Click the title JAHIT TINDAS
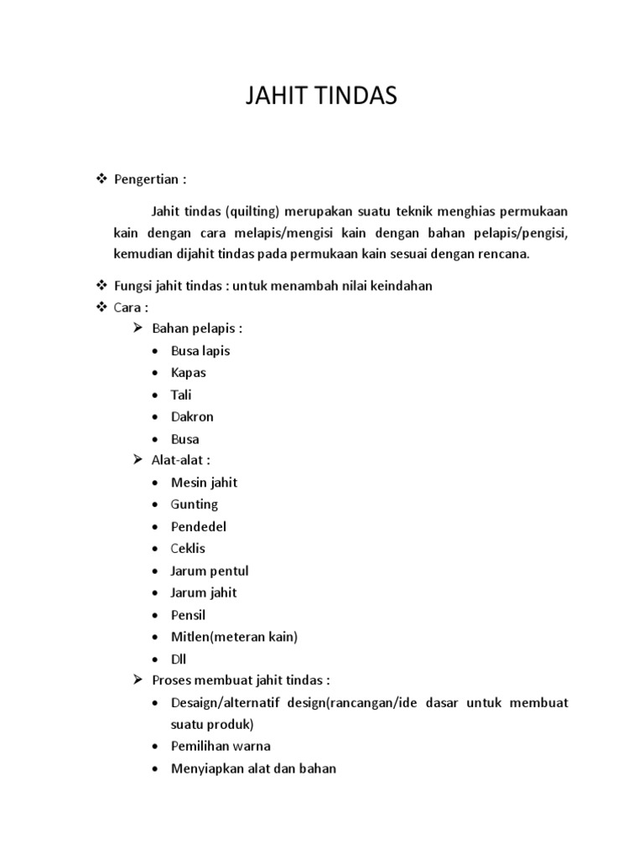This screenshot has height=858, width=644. tap(321, 97)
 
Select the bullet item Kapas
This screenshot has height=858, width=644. tap(188, 373)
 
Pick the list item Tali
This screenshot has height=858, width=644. tap(181, 395)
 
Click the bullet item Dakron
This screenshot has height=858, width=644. tap(192, 416)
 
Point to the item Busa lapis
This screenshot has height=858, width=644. tap(200, 351)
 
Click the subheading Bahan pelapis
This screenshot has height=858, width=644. tap(196, 328)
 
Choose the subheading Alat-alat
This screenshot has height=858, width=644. tap(180, 460)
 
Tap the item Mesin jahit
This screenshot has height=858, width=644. tap(204, 483)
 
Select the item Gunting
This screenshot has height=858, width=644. tap(194, 504)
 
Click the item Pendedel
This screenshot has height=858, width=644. tap(198, 527)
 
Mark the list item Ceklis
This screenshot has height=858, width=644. tap(188, 549)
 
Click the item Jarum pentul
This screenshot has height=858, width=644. tap(210, 571)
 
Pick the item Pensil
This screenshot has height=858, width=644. tap(188, 615)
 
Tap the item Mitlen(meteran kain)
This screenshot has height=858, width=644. tap(234, 637)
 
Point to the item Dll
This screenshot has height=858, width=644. tap(179, 659)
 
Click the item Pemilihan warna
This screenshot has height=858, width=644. tap(221, 746)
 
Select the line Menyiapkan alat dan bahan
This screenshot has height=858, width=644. tap(253, 768)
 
